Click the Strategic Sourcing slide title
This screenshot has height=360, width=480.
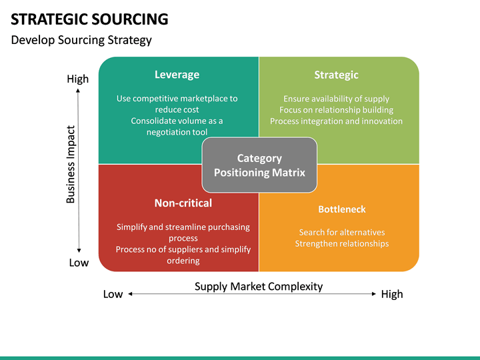[x=89, y=19]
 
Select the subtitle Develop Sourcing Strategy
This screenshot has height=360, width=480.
[x=81, y=40]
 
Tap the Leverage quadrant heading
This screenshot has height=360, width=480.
[x=177, y=75]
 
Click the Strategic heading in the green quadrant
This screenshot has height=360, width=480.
[x=336, y=75]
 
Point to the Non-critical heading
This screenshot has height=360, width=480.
[x=183, y=203]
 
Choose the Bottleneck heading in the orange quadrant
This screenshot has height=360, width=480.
[x=342, y=209]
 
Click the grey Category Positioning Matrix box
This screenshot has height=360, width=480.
[x=259, y=165]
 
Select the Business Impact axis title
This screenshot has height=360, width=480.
[x=71, y=164]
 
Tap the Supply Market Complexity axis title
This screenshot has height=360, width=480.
[x=259, y=287]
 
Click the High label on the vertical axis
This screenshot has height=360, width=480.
[x=77, y=79]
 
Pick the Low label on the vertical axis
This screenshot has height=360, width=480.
[x=79, y=263]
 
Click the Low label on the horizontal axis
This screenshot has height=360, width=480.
[x=113, y=294]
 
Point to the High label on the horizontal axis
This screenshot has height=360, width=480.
[x=392, y=294]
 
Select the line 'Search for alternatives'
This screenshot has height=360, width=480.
[x=342, y=233]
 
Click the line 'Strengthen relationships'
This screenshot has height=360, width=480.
[x=342, y=244]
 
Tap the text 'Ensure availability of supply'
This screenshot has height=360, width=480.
[x=336, y=99]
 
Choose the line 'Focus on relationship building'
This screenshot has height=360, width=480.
[x=336, y=110]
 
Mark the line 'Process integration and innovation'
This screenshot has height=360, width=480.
[x=336, y=121]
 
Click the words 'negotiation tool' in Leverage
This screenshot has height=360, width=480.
[x=177, y=132]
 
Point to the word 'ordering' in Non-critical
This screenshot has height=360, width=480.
[x=183, y=261]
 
